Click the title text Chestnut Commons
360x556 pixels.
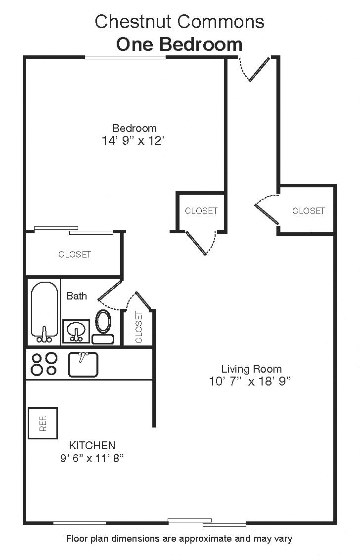[180, 22]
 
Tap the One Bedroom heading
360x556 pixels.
[180, 44]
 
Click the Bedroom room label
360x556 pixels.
[135, 128]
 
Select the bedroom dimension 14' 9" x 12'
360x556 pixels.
[133, 141]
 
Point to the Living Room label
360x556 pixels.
[251, 369]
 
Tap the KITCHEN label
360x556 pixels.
[92, 445]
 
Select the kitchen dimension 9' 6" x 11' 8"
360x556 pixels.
[91, 458]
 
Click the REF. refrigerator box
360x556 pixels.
[43, 423]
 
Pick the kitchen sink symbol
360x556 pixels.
[83, 364]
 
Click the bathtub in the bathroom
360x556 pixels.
[44, 312]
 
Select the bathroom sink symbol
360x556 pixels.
[76, 331]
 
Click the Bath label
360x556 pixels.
[77, 296]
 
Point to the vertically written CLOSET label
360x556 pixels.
[138, 327]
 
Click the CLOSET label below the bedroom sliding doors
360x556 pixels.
[75, 255]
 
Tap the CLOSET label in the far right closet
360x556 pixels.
[309, 211]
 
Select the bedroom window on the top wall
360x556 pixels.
[125, 58]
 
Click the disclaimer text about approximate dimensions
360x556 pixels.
[179, 539]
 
